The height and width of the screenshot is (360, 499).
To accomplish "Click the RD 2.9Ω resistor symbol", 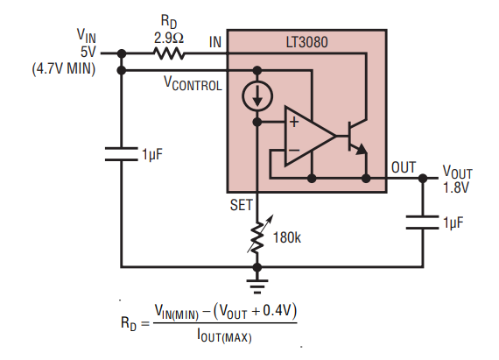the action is click(x=169, y=53).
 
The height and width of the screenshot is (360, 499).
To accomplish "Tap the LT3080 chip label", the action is click(x=306, y=42).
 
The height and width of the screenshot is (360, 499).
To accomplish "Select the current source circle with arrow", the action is click(x=257, y=95).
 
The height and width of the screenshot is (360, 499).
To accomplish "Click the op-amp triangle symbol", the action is click(x=310, y=136).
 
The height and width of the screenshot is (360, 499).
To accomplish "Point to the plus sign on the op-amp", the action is click(x=294, y=122).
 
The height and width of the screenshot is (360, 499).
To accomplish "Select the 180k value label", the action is click(x=287, y=237).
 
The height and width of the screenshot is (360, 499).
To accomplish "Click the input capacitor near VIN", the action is click(x=122, y=154).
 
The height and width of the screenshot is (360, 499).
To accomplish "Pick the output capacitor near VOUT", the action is click(x=423, y=222).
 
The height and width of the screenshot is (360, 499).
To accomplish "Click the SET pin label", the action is click(x=241, y=205).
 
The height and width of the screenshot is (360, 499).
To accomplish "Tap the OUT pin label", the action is click(x=404, y=167).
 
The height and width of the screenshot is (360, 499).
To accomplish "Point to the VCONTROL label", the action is click(x=193, y=84).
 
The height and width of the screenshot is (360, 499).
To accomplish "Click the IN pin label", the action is click(x=215, y=42).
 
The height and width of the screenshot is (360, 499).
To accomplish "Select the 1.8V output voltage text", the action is click(x=456, y=187).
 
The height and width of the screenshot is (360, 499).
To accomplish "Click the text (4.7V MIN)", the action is click(x=64, y=68).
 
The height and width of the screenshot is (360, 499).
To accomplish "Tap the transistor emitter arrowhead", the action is click(x=362, y=149).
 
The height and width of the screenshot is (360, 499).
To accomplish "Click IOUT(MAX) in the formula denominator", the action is click(x=224, y=336).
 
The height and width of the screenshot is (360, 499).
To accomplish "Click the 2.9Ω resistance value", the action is click(x=169, y=39).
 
